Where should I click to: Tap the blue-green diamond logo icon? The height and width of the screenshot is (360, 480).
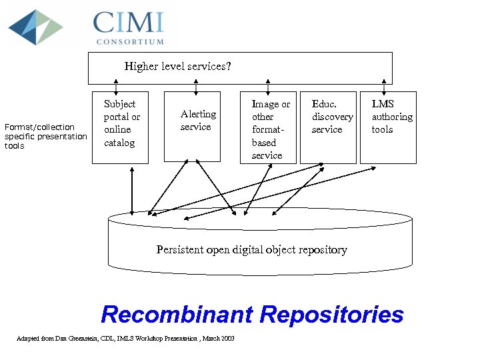[35, 27]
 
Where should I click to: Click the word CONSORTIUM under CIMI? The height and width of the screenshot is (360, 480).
[130, 41]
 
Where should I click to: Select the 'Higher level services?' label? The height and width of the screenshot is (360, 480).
[177, 66]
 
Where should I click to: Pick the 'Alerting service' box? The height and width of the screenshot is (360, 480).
[193, 126]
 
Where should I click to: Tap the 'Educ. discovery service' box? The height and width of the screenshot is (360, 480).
[328, 126]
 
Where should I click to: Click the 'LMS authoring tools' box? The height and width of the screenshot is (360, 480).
[388, 126]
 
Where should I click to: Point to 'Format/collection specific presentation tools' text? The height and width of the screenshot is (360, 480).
[45, 136]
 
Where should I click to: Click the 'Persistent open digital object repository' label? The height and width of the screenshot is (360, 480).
[251, 250]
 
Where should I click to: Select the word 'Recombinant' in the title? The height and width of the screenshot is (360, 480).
[177, 314]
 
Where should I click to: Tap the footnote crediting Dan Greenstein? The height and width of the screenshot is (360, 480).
[125, 339]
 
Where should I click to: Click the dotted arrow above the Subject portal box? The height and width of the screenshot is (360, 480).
[116, 87]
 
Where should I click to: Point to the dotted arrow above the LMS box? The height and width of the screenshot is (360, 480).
[384, 87]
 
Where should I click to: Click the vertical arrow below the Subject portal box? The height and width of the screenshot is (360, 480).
[132, 190]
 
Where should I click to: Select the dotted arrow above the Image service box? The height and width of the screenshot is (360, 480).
[268, 87]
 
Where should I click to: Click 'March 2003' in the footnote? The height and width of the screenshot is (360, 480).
[219, 339]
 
